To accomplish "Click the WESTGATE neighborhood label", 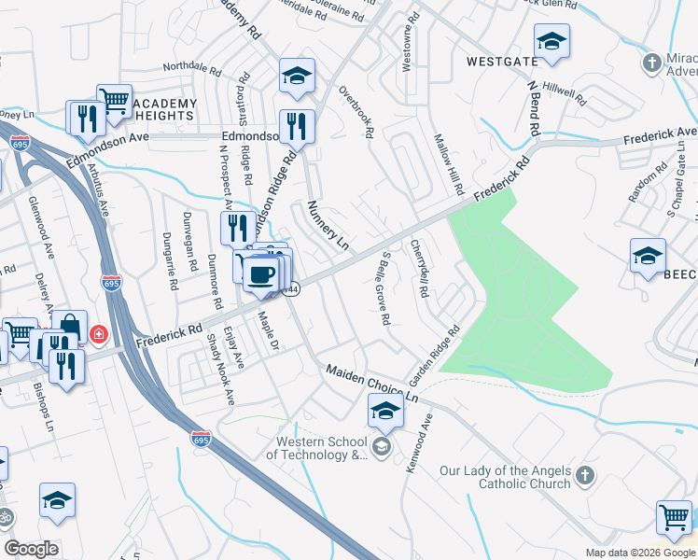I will point(502,62).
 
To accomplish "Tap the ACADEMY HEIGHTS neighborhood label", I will point(164,109).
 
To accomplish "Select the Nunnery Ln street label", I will point(328,225).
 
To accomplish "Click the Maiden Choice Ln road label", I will point(372,384).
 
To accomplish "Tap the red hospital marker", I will point(97,333).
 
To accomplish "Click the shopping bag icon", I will point(69,326).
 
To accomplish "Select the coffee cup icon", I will point(260,274).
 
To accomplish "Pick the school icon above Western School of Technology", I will point(385,408).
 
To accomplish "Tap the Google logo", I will point(31,549).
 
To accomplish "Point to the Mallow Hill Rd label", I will point(449,163).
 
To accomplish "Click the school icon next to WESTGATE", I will point(551,41).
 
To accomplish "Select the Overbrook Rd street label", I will point(356,113).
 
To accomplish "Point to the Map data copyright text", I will point(639,553).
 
